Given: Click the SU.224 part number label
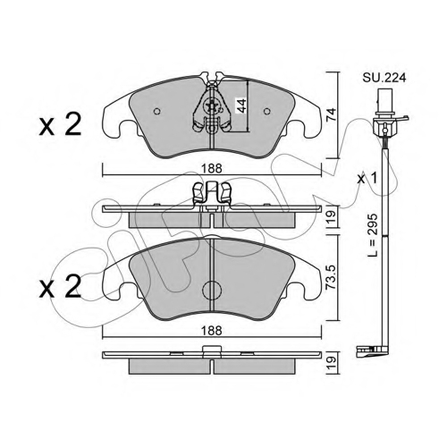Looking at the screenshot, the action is pos(384,78).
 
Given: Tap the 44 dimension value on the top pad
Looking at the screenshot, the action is pos(241,105).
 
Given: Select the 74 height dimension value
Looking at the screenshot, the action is pos(331,114).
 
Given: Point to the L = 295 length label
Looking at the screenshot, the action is pos(372,235).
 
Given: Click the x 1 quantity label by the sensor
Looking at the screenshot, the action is pos(367,179).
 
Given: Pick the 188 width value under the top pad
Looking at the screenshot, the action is pos(211,169).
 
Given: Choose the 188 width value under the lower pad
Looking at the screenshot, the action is pos(211,331).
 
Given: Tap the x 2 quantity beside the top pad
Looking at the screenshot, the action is pos(61,125).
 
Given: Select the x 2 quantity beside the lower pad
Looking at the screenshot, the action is pos(61,286).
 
